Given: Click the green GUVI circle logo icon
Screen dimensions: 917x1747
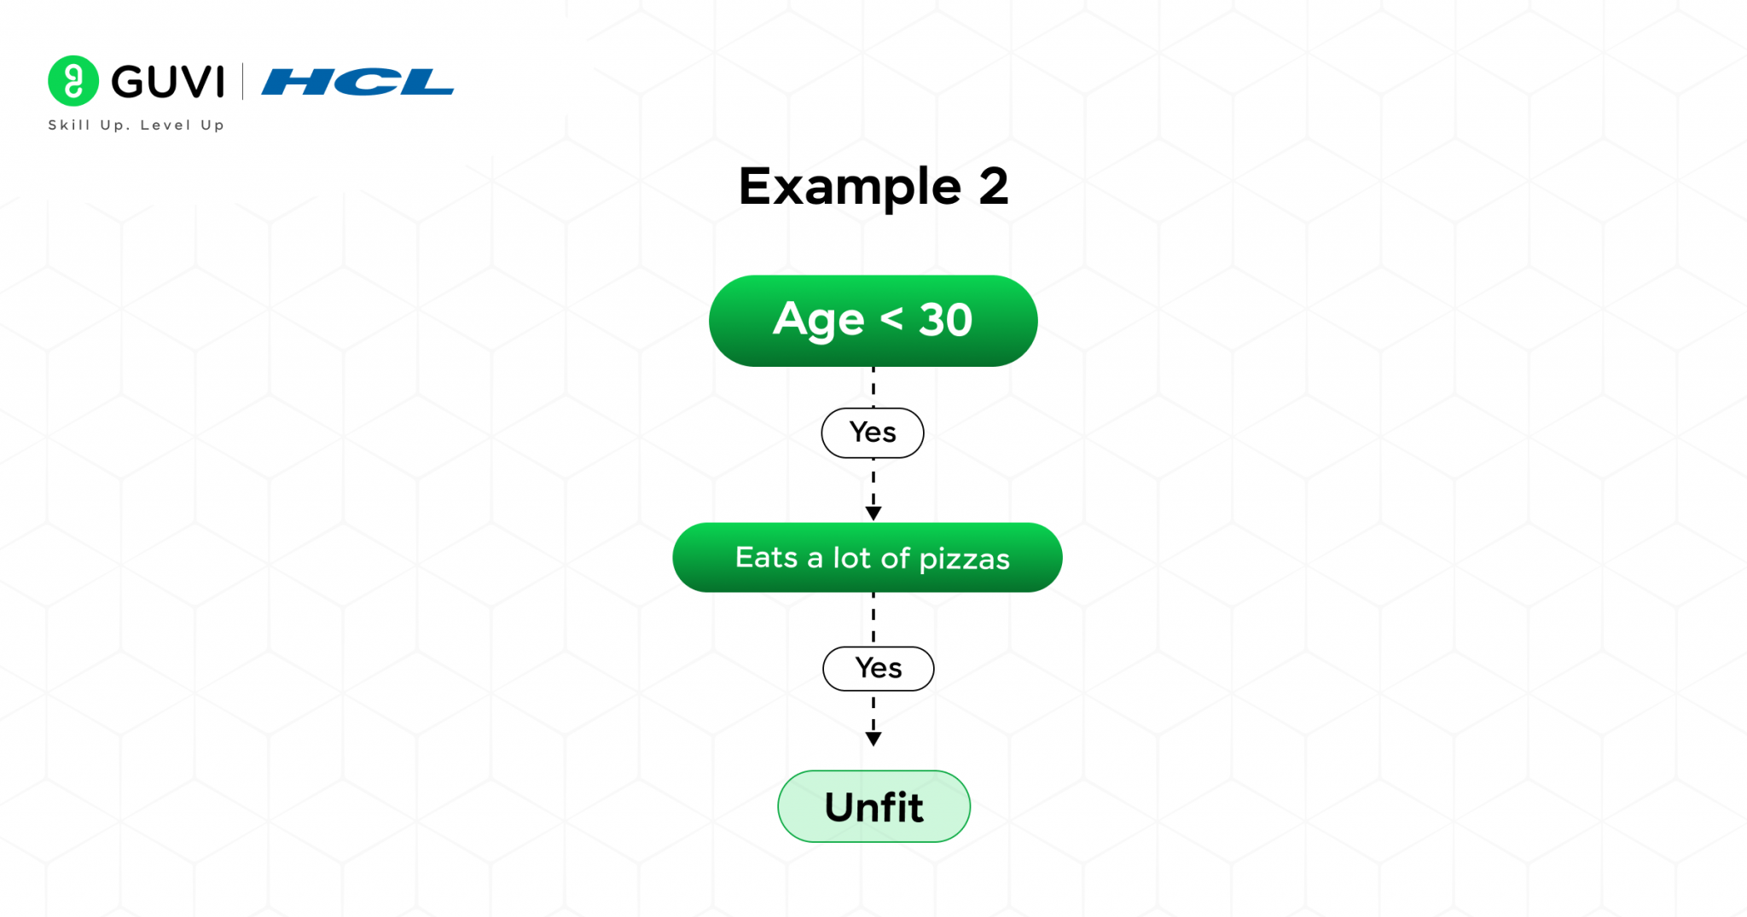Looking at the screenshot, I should (x=73, y=81).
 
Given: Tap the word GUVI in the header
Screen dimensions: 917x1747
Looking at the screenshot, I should (x=168, y=82).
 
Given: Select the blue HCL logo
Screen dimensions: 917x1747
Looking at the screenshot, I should (x=357, y=82).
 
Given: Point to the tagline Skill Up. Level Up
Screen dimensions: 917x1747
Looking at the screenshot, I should (x=136, y=125).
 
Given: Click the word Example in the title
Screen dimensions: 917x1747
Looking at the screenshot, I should (x=850, y=187).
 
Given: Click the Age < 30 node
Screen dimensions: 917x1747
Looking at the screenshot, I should (x=873, y=321).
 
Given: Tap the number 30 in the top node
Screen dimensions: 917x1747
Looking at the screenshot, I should (x=945, y=321).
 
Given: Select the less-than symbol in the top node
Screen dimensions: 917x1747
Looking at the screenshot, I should (x=891, y=319).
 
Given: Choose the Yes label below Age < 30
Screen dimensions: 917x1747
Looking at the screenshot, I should (x=873, y=432).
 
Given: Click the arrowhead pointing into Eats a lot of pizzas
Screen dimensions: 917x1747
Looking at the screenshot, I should (x=873, y=513).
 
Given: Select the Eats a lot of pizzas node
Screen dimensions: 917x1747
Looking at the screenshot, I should (x=868, y=558).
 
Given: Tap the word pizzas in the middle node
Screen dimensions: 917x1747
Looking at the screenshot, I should (x=964, y=559).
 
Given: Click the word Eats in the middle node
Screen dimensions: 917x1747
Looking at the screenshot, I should (x=766, y=557).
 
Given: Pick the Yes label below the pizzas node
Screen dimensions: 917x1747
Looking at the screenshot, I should (x=878, y=668).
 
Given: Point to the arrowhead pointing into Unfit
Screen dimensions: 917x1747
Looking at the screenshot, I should (x=873, y=739).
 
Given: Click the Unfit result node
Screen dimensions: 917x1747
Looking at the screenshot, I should (x=873, y=807).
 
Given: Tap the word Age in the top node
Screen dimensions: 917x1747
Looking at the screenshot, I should (x=818, y=321).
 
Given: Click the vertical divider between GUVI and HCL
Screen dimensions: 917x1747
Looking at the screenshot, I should (x=243, y=82).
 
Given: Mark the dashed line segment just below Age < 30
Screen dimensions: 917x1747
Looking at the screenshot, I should (x=873, y=386).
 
